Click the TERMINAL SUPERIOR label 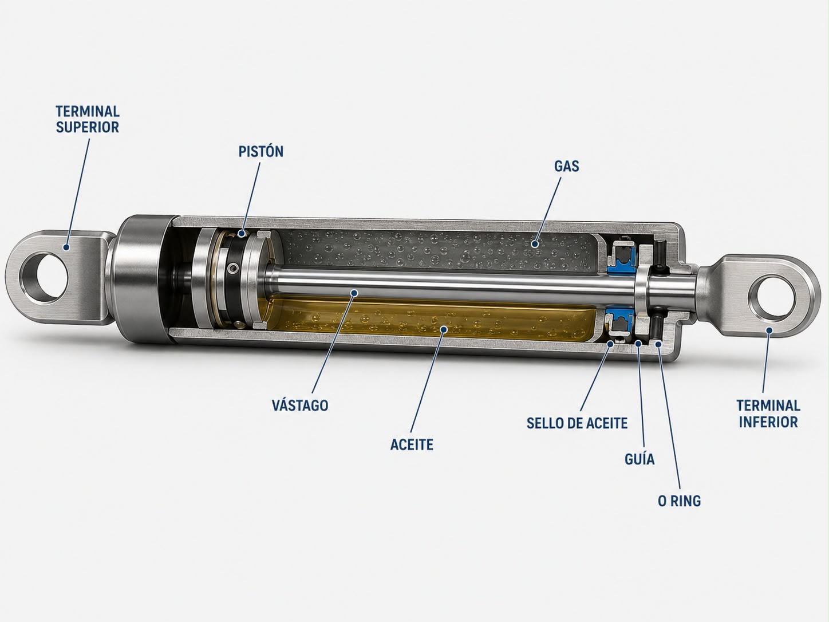pyautogui.click(x=88, y=119)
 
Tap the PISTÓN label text pyautogui.click(x=261, y=151)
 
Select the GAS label pyautogui.click(x=567, y=166)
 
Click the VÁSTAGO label pyautogui.click(x=300, y=406)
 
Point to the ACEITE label pyautogui.click(x=412, y=445)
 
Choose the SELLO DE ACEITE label pyautogui.click(x=577, y=423)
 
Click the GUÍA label pyautogui.click(x=639, y=459)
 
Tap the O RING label pyautogui.click(x=680, y=501)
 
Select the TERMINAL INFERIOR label pyautogui.click(x=768, y=414)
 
